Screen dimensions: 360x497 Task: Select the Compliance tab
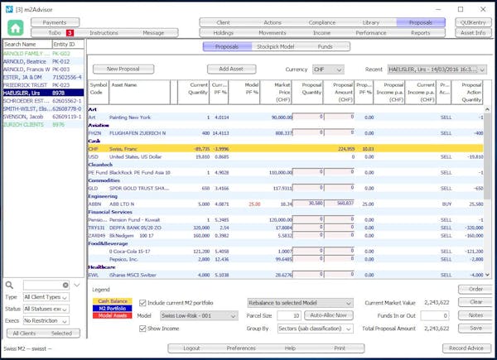pos(321,22)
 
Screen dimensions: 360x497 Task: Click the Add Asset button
pos(231,70)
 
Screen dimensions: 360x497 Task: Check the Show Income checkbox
pos(142,328)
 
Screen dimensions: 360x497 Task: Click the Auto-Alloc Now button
pos(329,315)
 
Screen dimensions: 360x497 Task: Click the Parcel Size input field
pos(289,315)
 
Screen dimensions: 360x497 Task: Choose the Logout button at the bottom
pos(191,348)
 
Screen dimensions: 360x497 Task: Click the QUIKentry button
pos(474,22)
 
